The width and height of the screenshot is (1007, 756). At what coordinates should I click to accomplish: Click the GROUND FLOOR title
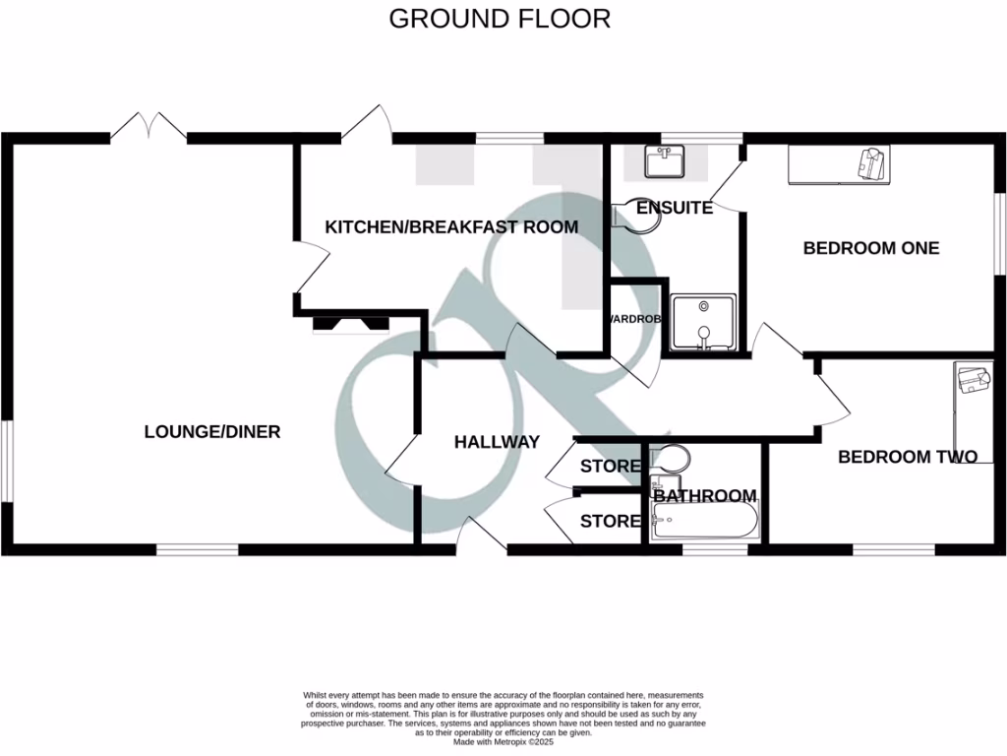pyautogui.click(x=500, y=19)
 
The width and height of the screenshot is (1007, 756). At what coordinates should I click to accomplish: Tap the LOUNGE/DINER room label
pyautogui.click(x=212, y=431)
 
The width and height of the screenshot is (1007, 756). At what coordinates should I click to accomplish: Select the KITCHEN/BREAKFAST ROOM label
pyautogui.click(x=451, y=227)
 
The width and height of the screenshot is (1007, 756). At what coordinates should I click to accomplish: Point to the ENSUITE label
pyautogui.click(x=674, y=208)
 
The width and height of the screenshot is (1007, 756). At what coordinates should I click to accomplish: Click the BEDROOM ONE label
pyautogui.click(x=871, y=248)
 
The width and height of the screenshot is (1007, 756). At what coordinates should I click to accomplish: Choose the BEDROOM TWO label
pyautogui.click(x=907, y=457)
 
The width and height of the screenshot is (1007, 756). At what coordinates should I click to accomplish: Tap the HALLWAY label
pyautogui.click(x=497, y=442)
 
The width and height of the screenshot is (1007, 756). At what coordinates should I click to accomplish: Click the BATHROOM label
pyautogui.click(x=705, y=496)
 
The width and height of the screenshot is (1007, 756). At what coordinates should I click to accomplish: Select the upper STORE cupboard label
pyautogui.click(x=610, y=466)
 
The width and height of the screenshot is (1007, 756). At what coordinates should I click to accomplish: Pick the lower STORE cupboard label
pyautogui.click(x=610, y=521)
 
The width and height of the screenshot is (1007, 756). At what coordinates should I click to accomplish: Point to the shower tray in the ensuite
pyautogui.click(x=702, y=322)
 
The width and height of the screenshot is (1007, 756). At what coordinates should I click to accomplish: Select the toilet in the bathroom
pyautogui.click(x=671, y=461)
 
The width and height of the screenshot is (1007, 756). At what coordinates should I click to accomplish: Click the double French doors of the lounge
pyautogui.click(x=148, y=127)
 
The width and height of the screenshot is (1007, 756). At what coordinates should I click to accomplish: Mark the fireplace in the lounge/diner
pyautogui.click(x=350, y=323)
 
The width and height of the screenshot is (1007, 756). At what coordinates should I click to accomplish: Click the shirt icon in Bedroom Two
pyautogui.click(x=974, y=380)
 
